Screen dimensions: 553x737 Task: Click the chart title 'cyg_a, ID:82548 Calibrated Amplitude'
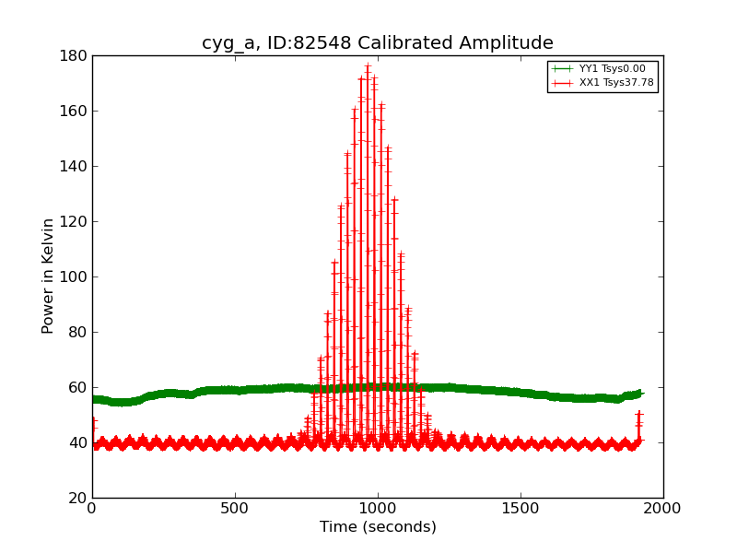point(378,43)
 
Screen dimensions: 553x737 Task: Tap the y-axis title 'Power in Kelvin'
point(48,276)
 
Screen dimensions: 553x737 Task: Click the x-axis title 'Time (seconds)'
point(378,527)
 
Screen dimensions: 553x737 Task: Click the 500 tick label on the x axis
point(235,509)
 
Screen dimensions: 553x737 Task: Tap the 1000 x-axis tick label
point(378,509)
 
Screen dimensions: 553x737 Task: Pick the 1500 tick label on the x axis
point(521,509)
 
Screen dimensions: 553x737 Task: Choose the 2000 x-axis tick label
point(663,509)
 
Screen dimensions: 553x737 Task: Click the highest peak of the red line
point(368,66)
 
